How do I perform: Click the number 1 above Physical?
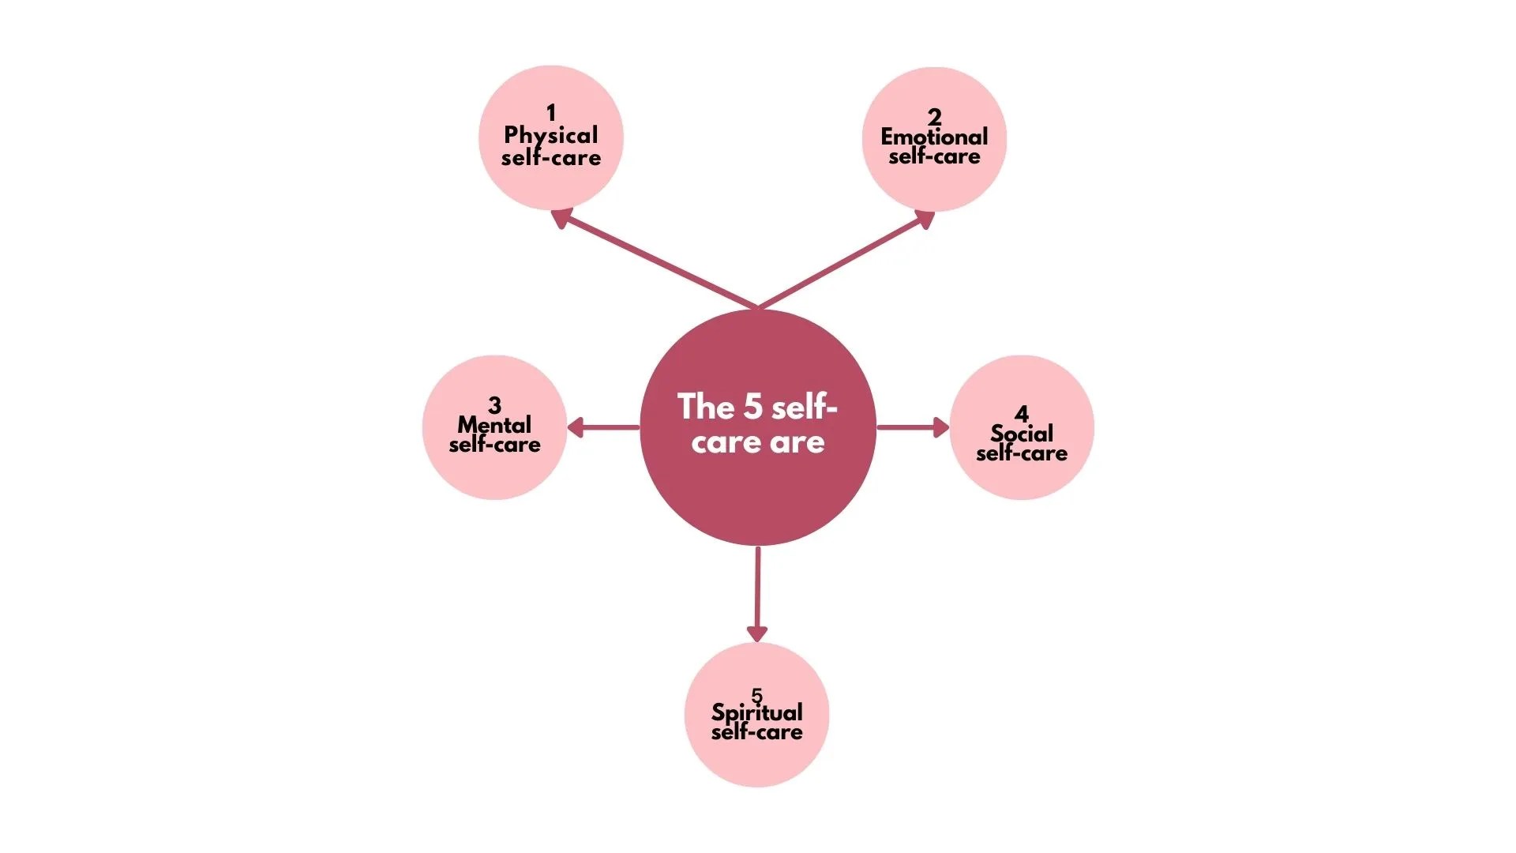click(x=551, y=113)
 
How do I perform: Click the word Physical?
click(x=551, y=135)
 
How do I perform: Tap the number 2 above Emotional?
click(x=934, y=117)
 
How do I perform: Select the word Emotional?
click(x=934, y=137)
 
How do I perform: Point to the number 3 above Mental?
click(x=494, y=405)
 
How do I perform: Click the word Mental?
click(x=494, y=425)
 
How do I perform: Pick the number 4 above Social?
click(x=1022, y=414)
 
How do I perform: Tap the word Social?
click(x=1022, y=434)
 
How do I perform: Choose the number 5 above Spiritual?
click(x=756, y=695)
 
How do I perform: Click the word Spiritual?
click(x=756, y=712)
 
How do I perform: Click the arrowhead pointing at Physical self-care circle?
click(x=561, y=217)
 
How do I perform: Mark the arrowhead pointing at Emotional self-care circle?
click(x=925, y=219)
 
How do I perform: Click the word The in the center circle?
click(x=706, y=407)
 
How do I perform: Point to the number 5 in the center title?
click(x=752, y=407)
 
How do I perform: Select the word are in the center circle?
click(x=797, y=442)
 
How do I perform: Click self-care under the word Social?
click(x=1022, y=453)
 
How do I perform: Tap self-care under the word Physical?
click(x=551, y=158)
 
